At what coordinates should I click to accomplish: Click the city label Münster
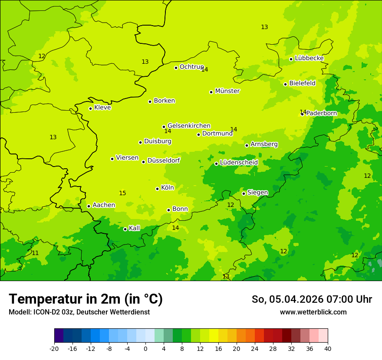click(x=227, y=91)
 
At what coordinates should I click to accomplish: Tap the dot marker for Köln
click(x=157, y=189)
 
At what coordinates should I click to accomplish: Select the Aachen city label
click(x=104, y=205)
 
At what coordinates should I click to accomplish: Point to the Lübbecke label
click(x=309, y=58)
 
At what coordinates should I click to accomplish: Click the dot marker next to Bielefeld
click(x=285, y=84)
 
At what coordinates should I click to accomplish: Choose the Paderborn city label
click(x=321, y=113)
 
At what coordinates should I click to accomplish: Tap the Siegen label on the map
click(x=257, y=193)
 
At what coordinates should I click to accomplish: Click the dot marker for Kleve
click(x=90, y=108)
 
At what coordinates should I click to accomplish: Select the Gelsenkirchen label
click(x=189, y=126)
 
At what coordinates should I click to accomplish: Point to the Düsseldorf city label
click(x=163, y=160)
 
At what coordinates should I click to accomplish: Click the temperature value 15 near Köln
click(x=122, y=193)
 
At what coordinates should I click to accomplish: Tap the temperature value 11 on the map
click(x=35, y=253)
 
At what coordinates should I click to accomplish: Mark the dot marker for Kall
click(x=125, y=229)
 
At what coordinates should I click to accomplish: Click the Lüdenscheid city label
click(x=239, y=163)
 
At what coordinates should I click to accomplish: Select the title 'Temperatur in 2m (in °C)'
click(x=86, y=299)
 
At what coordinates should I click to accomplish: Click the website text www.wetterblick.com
click(x=313, y=312)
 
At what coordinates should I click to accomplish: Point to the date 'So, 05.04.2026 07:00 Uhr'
click(x=312, y=299)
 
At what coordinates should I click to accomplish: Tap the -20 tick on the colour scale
click(x=54, y=348)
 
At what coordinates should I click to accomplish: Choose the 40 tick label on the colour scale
click(x=328, y=348)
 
